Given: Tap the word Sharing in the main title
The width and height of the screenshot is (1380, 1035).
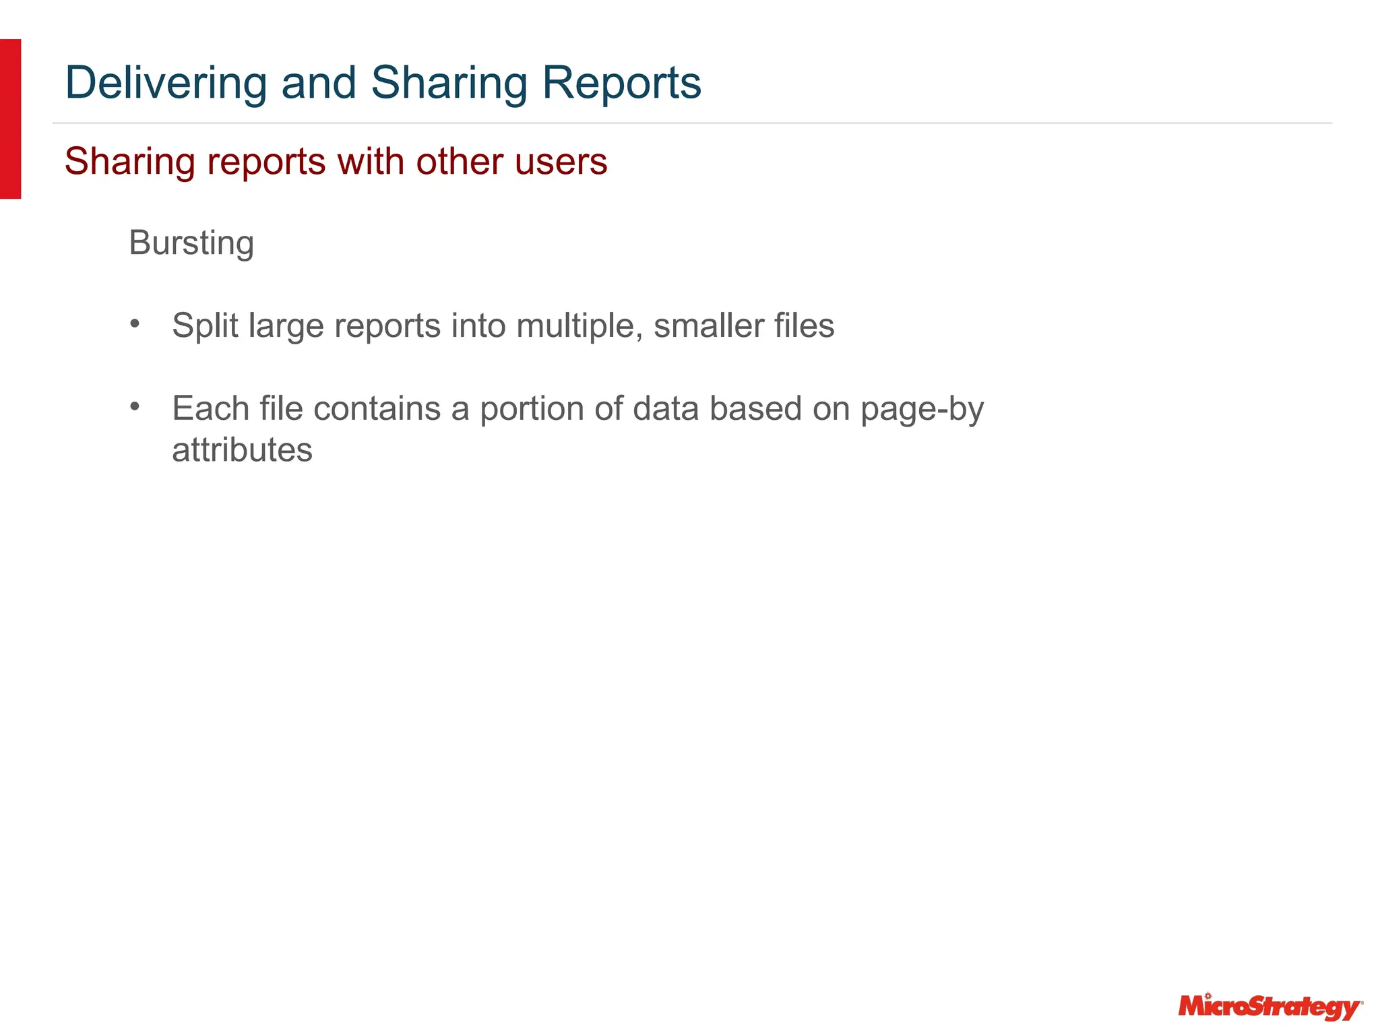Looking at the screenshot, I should click(x=449, y=83).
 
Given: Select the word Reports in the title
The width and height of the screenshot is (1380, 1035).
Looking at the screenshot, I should click(x=621, y=83).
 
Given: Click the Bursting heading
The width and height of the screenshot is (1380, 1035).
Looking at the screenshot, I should click(x=191, y=243).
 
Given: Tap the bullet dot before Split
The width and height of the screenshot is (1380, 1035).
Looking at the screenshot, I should click(x=135, y=324).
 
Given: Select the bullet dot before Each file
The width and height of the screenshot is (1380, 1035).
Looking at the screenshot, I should click(x=135, y=406).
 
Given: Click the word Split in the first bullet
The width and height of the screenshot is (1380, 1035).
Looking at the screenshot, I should click(x=206, y=326).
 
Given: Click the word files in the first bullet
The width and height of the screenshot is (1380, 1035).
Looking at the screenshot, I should click(x=804, y=326).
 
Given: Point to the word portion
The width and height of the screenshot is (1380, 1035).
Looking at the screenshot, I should click(x=546, y=409).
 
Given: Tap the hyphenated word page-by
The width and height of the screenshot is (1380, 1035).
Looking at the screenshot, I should click(x=922, y=409).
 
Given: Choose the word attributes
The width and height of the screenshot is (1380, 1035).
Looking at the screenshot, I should click(x=243, y=450).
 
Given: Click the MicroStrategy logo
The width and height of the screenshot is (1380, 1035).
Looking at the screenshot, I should click(x=1269, y=1007).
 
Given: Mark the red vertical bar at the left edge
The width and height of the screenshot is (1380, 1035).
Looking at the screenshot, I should click(x=10, y=119).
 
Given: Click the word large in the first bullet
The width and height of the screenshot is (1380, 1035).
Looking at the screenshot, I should click(x=286, y=326).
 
